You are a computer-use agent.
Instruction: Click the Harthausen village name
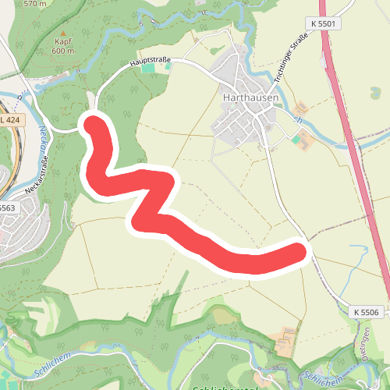tap(246, 98)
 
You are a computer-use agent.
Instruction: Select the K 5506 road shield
tap(365, 312)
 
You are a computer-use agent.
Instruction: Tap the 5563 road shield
tap(7, 207)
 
